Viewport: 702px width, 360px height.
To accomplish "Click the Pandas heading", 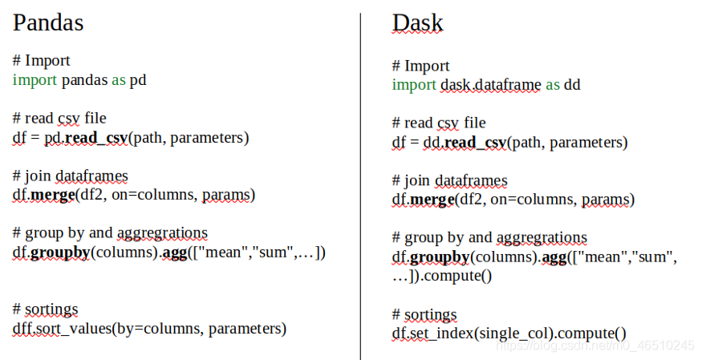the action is click(x=48, y=22).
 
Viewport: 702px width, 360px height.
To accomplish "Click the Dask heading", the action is click(x=417, y=23).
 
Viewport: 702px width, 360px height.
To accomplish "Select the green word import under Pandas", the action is click(x=34, y=80).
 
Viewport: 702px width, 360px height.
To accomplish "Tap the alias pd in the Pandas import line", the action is click(x=138, y=80).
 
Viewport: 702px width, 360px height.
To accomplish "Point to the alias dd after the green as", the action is click(x=572, y=85).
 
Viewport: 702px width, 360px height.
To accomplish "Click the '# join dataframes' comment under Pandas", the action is click(x=71, y=176).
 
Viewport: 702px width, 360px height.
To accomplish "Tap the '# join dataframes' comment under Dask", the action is click(x=450, y=180).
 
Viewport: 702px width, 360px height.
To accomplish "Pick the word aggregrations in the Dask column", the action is click(x=542, y=238).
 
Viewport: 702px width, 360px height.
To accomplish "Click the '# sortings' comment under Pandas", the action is click(x=46, y=309).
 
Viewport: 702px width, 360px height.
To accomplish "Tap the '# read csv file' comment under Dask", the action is click(x=439, y=123).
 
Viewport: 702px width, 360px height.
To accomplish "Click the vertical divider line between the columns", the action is click(x=361, y=184).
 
